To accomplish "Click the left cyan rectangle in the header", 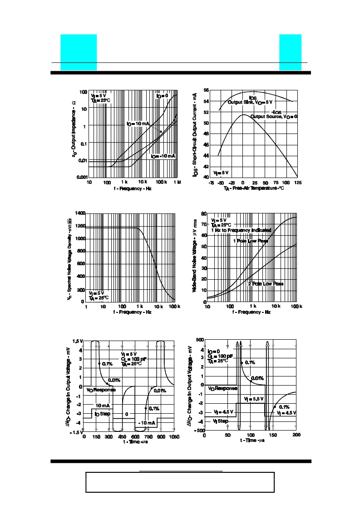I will click(x=79, y=52).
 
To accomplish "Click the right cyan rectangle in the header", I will click(x=290, y=52).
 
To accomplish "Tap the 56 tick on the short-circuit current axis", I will click(x=206, y=90).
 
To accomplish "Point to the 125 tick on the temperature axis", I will click(x=297, y=183).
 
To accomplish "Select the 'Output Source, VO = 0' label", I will click(x=274, y=117).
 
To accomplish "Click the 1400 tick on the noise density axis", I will click(x=79, y=213).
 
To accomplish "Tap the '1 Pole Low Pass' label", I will click(x=250, y=241).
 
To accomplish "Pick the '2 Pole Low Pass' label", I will click(x=266, y=284).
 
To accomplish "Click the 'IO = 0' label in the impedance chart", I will click(x=162, y=96).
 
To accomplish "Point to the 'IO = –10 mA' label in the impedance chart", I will click(x=163, y=156).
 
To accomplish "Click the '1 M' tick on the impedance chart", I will click(x=177, y=182).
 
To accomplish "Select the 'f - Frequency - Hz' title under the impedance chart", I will click(x=133, y=188).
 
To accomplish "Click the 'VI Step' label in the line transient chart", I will click(x=221, y=421).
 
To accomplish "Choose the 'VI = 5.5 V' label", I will click(x=251, y=399).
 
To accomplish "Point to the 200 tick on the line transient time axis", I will click(x=296, y=436).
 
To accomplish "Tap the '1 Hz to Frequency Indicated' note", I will click(x=241, y=230).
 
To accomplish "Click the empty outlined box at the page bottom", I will click(x=180, y=482).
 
